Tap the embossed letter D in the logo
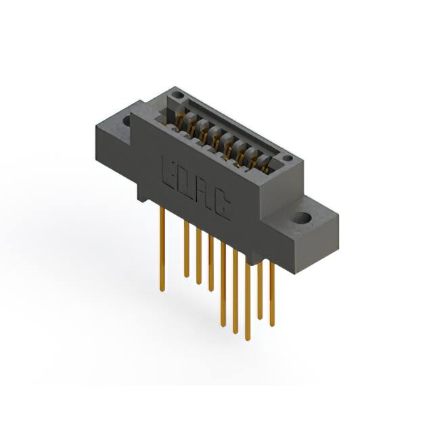[x=186, y=183]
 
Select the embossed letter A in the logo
[x=204, y=195]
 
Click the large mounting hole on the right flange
[x=301, y=219]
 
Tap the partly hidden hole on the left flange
[x=126, y=122]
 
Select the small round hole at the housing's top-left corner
[x=177, y=96]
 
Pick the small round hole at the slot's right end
[x=288, y=159]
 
